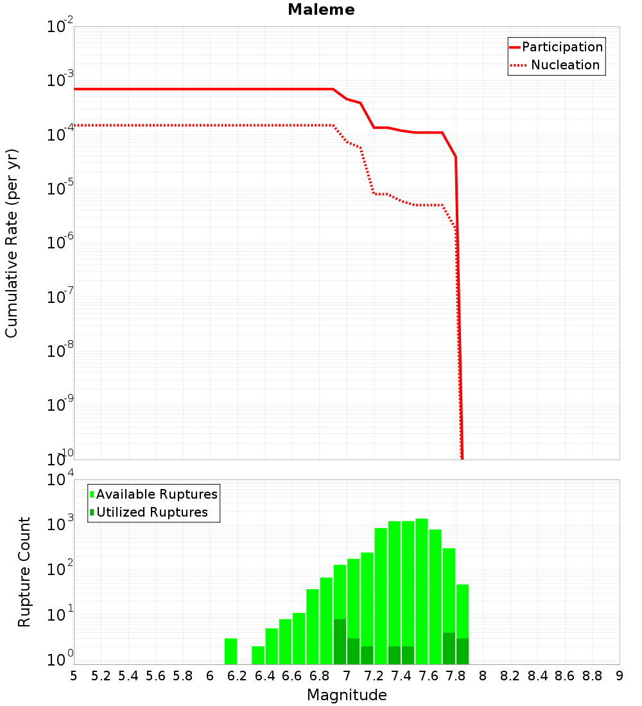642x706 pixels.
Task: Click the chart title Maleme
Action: click(321, 10)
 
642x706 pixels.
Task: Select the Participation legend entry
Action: click(562, 47)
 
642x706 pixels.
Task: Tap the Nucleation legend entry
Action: click(564, 65)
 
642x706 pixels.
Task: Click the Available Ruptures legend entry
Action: click(157, 494)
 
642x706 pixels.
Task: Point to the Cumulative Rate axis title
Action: click(12, 243)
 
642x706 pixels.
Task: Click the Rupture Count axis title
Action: click(24, 572)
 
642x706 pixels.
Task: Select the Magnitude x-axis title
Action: click(347, 695)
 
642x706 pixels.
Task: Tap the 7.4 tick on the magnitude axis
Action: click(401, 676)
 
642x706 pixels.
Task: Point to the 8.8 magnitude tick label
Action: click(593, 676)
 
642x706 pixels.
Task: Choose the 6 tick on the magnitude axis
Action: click(211, 676)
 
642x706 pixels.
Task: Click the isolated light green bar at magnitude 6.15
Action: click(231, 651)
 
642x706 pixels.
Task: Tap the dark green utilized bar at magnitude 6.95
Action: click(340, 641)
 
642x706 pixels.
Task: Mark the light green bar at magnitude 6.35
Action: click(258, 655)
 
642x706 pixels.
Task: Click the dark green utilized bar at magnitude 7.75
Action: click(449, 648)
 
